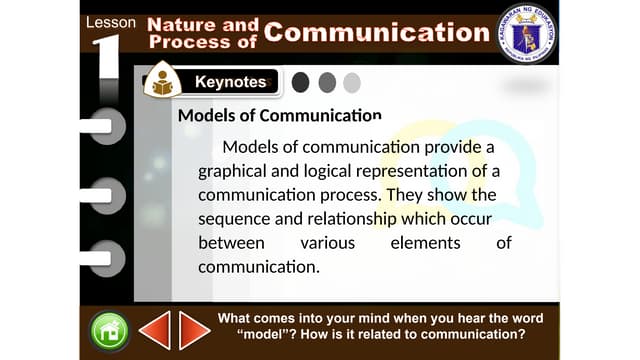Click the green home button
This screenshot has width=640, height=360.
click(x=109, y=331)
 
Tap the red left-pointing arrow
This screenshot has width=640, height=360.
click(x=155, y=330)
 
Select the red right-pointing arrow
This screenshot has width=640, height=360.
click(x=194, y=330)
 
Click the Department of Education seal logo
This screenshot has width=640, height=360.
click(x=526, y=34)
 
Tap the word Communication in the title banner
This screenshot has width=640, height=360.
click(x=377, y=32)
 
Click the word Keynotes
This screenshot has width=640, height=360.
click(x=230, y=82)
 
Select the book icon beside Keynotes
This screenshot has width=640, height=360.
click(x=161, y=83)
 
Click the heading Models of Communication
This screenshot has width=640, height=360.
click(x=279, y=116)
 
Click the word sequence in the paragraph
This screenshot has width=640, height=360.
click(x=236, y=218)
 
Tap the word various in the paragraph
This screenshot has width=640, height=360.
click(x=327, y=242)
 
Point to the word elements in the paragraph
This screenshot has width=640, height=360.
click(x=425, y=242)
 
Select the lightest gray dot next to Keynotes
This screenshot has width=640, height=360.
click(x=351, y=82)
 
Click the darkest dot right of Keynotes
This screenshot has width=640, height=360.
click(x=300, y=82)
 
